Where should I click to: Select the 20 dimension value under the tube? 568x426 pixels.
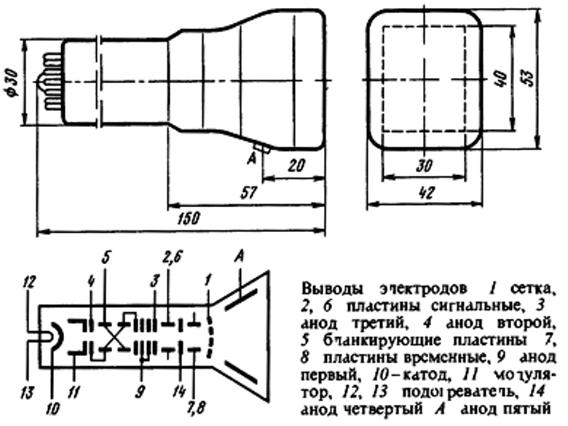click(295, 165)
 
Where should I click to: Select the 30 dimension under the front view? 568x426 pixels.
click(422, 166)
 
